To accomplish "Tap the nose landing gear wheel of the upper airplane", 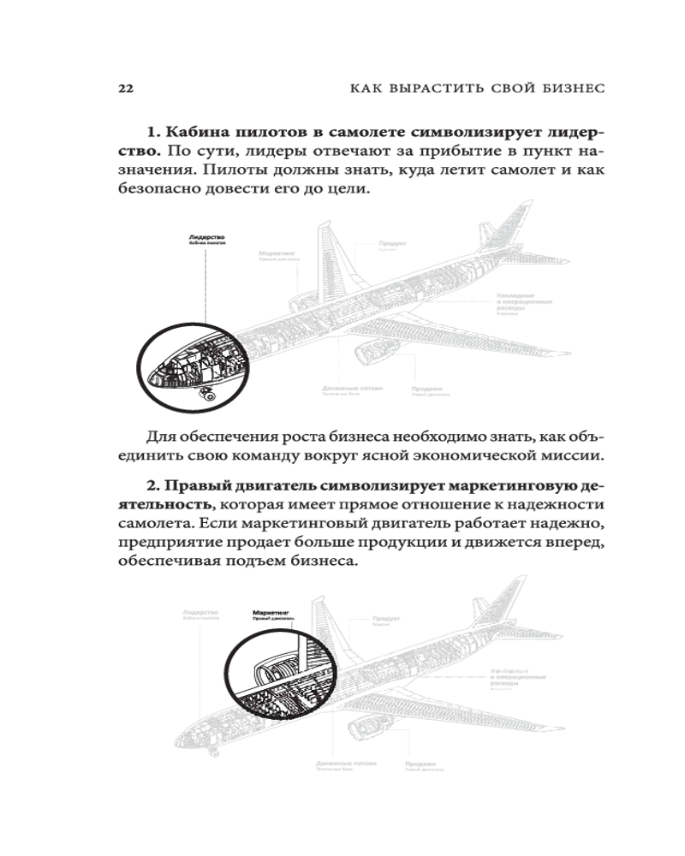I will [207, 395].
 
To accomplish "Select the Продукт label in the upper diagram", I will [393, 243].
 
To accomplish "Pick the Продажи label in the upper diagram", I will [426, 387].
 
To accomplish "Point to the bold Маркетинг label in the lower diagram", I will [272, 612].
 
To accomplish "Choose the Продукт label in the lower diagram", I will [389, 617].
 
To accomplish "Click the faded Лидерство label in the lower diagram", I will [200, 612].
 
